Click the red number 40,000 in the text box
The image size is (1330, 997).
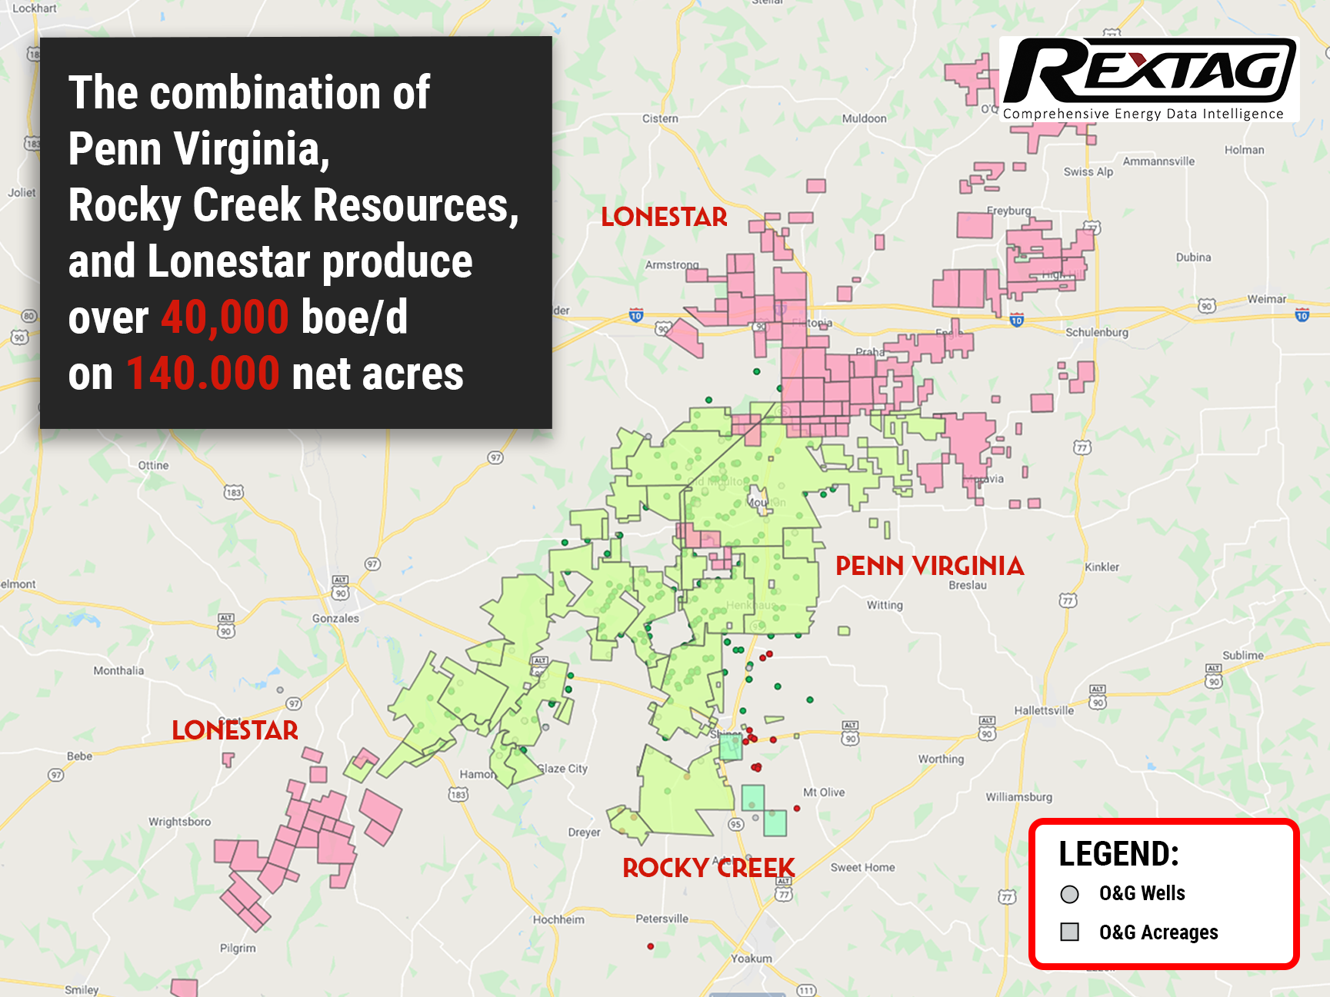point(225,317)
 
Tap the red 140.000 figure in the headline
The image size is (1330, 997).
point(203,374)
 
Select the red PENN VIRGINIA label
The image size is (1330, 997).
point(929,567)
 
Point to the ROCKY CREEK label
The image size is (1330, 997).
point(708,868)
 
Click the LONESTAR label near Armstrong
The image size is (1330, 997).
point(664,218)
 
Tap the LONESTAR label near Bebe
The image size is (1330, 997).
point(235,730)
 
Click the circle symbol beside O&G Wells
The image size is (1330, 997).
point(1069,894)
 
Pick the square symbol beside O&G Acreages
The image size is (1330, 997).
point(1069,932)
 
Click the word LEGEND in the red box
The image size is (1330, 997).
point(1118,854)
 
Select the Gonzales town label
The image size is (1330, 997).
point(335,618)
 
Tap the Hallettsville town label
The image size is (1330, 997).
point(1043,710)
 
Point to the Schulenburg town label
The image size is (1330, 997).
point(1096,332)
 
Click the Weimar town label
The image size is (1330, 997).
point(1266,299)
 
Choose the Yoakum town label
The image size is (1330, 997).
point(752,959)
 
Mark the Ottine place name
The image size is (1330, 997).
point(153,465)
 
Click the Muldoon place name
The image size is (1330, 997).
point(864,118)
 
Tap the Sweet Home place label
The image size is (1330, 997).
point(862,867)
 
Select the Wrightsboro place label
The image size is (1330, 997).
point(179,822)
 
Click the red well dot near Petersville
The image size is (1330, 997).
point(651,946)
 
